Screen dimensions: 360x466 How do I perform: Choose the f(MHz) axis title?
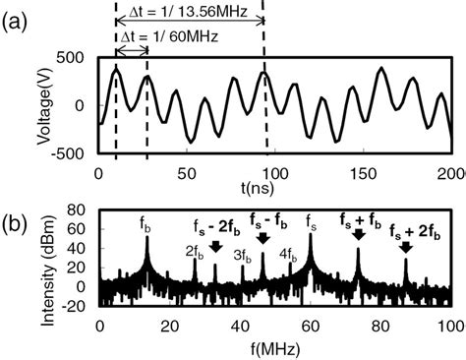(275, 347)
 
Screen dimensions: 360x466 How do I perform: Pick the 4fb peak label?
(288, 251)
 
